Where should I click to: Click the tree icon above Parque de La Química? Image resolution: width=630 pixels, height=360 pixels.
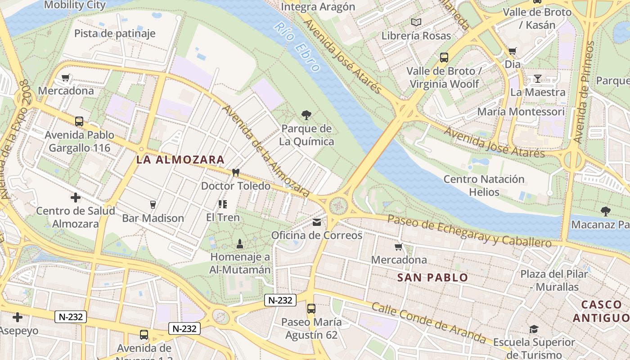coord(306,115)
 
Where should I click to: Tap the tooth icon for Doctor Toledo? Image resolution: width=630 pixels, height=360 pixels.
coord(235,173)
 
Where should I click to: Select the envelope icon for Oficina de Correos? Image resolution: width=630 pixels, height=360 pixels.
coord(317,222)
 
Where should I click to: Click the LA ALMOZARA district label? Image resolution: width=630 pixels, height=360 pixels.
coord(180,160)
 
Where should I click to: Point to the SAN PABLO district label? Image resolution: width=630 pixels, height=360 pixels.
coord(432,278)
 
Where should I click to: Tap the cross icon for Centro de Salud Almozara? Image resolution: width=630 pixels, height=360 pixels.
coord(76,198)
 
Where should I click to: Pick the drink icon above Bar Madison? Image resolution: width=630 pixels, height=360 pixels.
coord(153,205)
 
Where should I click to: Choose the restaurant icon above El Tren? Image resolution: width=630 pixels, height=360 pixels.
coord(223,204)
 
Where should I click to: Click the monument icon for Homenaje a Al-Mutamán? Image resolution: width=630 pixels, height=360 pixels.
coord(240,244)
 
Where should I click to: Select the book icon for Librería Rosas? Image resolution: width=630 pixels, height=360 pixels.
coord(416,22)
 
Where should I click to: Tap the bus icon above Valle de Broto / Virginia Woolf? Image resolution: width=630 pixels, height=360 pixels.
coord(444,58)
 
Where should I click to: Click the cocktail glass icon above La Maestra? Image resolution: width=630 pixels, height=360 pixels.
coord(538,79)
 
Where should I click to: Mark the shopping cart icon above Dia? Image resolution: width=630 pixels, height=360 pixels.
coord(512,51)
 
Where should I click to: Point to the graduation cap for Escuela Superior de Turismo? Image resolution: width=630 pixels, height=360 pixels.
coord(534,329)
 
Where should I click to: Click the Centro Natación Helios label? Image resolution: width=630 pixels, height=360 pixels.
coord(484,185)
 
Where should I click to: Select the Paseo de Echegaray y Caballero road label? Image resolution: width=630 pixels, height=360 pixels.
coord(469,231)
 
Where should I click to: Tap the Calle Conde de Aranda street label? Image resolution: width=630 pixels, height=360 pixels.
coord(429,323)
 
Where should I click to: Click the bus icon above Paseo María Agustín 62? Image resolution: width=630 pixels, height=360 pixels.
coord(311,309)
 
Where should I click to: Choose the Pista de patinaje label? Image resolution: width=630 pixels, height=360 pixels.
coord(115,33)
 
